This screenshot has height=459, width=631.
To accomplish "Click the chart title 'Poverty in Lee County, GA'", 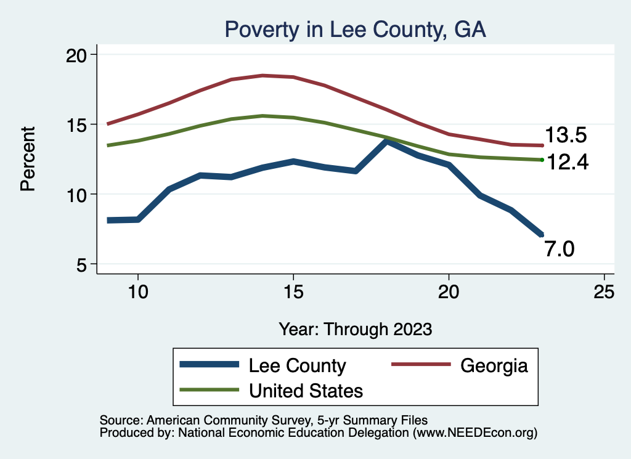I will point(355,30).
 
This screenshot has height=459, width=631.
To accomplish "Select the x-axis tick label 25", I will point(604,292).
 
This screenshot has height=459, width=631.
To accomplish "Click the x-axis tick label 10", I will point(138,292).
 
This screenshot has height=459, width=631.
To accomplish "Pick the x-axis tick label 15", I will point(293,292).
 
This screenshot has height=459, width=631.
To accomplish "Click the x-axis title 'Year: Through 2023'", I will point(355,328).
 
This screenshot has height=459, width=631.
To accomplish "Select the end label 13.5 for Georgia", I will point(565,136).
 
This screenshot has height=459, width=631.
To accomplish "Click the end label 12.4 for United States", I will point(568,162).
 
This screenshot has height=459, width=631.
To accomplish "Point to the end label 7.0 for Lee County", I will point(559,248).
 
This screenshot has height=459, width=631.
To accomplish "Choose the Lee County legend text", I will point(297,365).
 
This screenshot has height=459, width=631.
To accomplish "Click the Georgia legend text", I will point(494,365).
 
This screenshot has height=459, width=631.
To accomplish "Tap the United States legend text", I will point(306,390).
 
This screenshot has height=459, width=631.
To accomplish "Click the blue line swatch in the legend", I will point(209,365).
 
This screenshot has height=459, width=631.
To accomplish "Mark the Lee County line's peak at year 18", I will point(386,142).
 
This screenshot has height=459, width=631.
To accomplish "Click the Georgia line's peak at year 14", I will point(263,76).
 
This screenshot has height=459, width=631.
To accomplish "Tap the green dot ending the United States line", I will point(542,160).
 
